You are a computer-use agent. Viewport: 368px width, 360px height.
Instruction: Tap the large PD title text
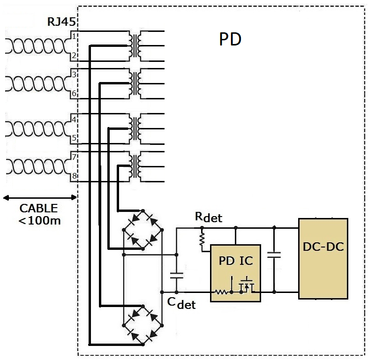[230, 40]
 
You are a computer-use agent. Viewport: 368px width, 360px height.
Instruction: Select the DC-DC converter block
[323, 258]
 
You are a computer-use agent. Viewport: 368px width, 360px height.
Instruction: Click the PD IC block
[235, 272]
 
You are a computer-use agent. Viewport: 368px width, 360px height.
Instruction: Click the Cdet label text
[181, 303]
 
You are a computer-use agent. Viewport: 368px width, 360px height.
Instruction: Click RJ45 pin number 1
[74, 36]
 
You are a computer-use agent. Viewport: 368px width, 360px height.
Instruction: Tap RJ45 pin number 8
[74, 176]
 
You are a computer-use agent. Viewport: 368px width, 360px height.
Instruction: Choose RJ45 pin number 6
[74, 94]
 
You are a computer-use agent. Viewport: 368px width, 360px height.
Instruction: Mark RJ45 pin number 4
[74, 119]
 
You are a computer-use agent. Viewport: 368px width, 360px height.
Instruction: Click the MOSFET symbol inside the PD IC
[247, 285]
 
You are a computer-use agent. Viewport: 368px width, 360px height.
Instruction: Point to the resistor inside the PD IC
[221, 292]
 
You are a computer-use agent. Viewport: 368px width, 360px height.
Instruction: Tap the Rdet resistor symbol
[203, 240]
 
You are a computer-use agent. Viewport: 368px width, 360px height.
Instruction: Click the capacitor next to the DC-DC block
[274, 255]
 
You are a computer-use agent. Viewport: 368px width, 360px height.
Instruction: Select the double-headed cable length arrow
[39, 197]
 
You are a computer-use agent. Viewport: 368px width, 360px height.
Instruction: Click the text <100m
[39, 220]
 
